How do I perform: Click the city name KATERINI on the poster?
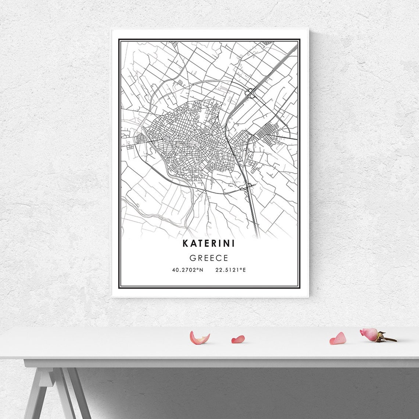pos(209,243)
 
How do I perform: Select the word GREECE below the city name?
pos(209,258)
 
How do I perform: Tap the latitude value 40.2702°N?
pos(187,270)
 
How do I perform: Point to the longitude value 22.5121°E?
pos(230,270)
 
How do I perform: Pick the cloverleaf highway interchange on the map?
pos(251,93)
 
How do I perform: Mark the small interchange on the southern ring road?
pos(249,185)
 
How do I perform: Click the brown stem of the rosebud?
pos(390,339)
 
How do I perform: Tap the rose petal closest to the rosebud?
pos(337,339)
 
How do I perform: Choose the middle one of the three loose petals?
pos(238,339)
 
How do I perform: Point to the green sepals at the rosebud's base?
pos(380,336)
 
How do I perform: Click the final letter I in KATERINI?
pos(233,243)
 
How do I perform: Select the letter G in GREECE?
pos(192,258)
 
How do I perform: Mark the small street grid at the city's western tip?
pos(141,139)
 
